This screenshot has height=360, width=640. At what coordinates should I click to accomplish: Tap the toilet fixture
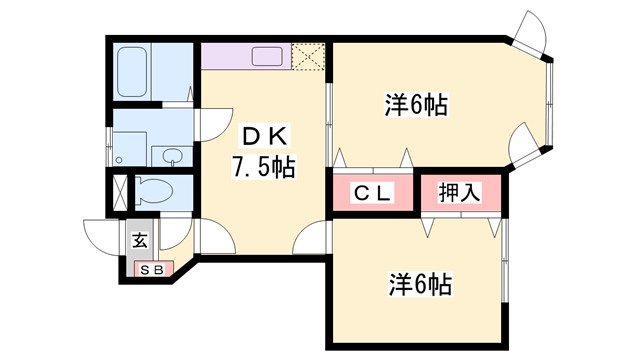(155, 189)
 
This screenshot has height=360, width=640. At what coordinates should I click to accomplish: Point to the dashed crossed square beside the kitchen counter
(309, 57)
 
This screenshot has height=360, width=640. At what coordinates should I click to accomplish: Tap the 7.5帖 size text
(263, 166)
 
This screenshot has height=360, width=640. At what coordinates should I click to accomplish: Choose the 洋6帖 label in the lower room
(419, 284)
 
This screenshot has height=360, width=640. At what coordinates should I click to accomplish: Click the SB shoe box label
(152, 270)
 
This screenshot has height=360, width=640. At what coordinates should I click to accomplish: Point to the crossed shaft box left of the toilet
(120, 190)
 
